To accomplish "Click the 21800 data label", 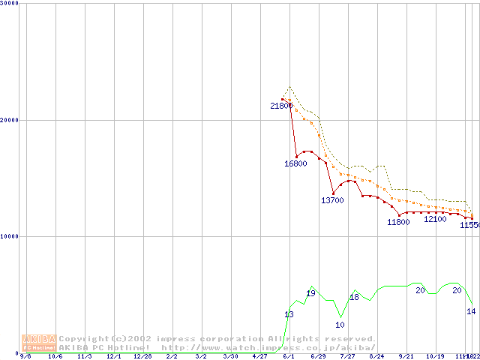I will coord(281,106).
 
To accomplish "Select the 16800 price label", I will coord(295,163).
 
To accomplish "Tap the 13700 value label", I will coord(332,200).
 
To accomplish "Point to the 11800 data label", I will coord(398,222).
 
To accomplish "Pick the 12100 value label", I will coord(435,219).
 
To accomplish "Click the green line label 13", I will coord(289,314).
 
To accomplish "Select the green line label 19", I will coord(310,293).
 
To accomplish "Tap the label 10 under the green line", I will coord(340,325).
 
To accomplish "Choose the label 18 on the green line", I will coord(355,298).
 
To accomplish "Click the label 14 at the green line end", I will coord(471,311).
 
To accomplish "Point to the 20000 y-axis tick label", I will coord(9,119).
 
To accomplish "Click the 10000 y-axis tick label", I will coord(9,236).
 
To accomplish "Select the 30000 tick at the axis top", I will coord(9,3).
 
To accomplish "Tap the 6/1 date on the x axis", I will coord(289,357).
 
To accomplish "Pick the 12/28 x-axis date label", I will coord(142,357).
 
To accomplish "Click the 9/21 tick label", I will coord(406,357).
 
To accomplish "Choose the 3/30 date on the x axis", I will coord(230,357).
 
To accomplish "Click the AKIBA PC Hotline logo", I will coord(39,343).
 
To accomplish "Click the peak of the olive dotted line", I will coord(289,87).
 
